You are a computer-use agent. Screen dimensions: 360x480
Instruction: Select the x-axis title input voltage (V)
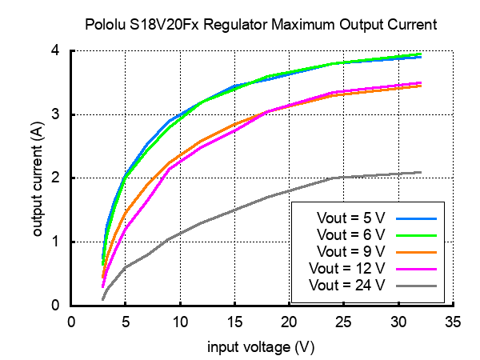[261, 347]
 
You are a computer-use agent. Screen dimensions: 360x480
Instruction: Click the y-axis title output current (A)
[38, 178]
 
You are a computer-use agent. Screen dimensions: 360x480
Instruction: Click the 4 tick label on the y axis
[56, 50]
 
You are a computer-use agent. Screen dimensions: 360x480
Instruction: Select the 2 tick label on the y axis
[56, 178]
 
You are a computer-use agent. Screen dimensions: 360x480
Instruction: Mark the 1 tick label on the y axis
[56, 242]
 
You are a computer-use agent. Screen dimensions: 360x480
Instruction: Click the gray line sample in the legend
[415, 285]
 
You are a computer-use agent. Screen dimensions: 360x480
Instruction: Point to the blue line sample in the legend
[415, 218]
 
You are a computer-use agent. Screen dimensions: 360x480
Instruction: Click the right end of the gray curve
[420, 172]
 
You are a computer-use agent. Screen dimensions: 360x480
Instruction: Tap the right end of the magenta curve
[420, 82]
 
